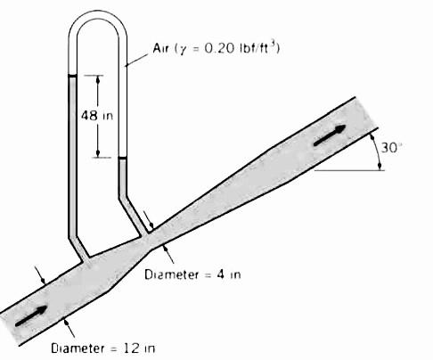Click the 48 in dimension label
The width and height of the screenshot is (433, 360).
pos(97,116)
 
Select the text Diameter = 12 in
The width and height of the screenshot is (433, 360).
pos(103,348)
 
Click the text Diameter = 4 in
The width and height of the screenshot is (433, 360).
pos(192,274)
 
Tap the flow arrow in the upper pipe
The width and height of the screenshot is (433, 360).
pos(330,135)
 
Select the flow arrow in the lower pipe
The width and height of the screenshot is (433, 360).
pos(31,316)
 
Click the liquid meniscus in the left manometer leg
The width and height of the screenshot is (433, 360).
pos(73,76)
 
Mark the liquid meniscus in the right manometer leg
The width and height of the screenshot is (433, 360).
pos(123,158)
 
